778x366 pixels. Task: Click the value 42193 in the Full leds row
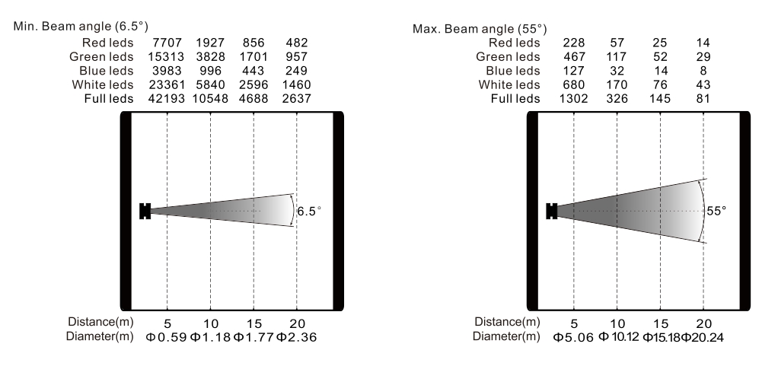166,99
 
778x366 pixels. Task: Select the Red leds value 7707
167,43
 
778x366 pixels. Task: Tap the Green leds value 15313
166,56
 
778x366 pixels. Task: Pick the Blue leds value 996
210,71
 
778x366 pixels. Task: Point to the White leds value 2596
253,84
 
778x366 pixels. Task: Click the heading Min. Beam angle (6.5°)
81,27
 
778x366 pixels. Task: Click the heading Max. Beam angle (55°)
480,29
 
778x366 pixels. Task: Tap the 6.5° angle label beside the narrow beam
308,212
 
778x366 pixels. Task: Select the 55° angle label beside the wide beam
716,211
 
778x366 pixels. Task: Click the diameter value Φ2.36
296,338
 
